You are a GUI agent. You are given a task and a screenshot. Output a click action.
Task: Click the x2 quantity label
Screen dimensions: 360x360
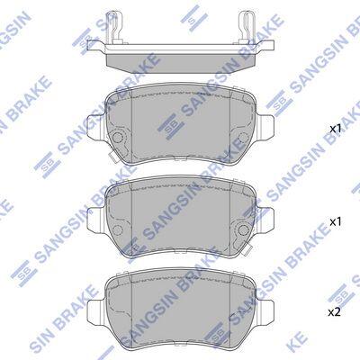pyautogui.click(x=335, y=313)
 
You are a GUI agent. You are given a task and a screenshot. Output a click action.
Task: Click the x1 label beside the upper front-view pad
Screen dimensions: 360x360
pyautogui.click(x=336, y=129)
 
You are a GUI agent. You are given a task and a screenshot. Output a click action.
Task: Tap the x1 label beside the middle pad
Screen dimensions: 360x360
pyautogui.click(x=336, y=222)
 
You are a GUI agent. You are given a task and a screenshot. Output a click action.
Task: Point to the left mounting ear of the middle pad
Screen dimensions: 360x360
pyautogui.click(x=95, y=218)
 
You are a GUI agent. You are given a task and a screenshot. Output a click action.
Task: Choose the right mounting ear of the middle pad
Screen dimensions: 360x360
pyautogui.click(x=265, y=218)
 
